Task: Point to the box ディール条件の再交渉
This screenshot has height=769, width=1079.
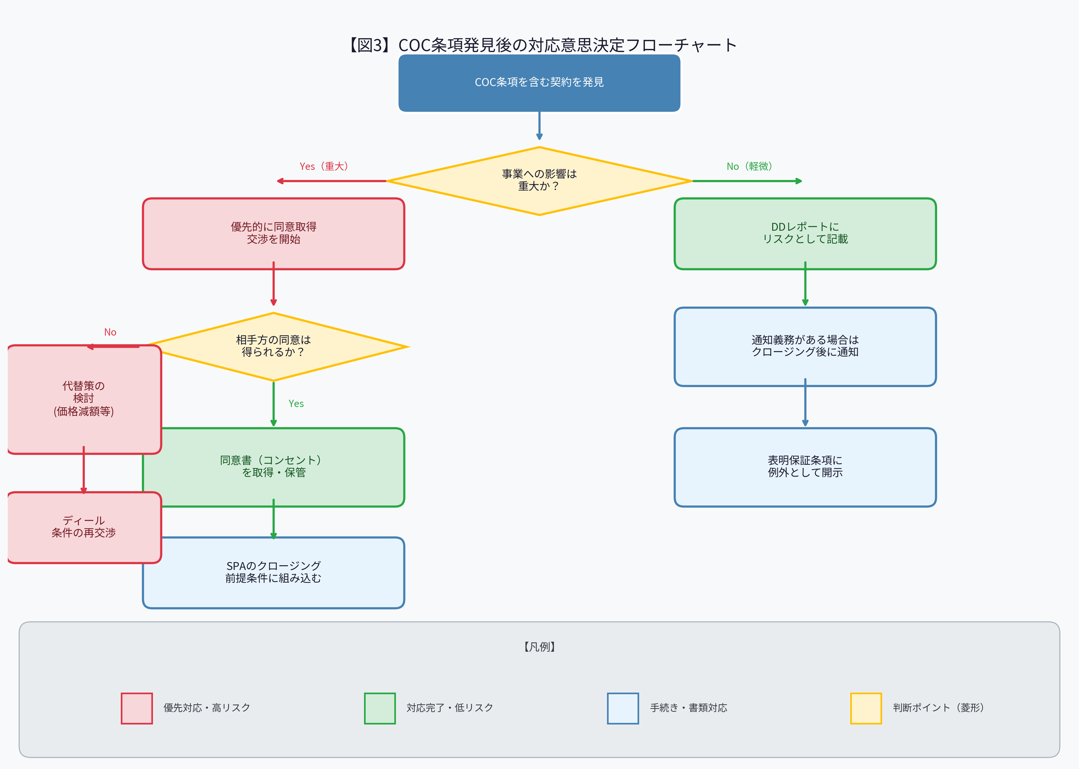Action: [84, 527]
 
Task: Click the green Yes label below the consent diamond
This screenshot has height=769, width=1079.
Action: [296, 403]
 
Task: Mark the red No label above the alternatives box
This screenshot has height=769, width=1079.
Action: [110, 332]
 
